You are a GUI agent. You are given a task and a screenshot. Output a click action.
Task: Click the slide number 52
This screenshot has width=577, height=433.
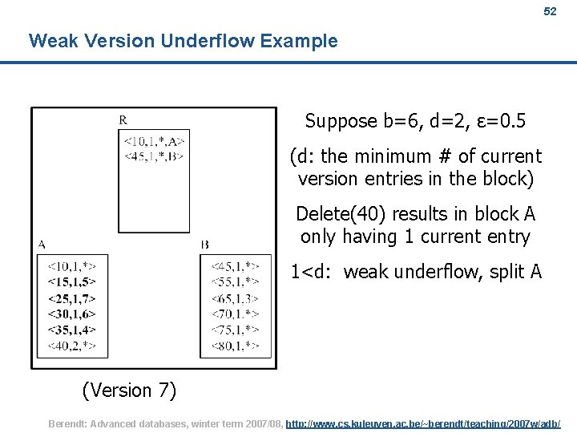click(549, 12)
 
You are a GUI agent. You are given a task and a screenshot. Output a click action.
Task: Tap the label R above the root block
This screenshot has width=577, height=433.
click(123, 120)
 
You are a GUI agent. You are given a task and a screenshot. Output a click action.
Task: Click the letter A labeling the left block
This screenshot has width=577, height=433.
click(41, 244)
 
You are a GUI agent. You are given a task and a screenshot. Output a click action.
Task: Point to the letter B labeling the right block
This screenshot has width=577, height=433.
click(205, 245)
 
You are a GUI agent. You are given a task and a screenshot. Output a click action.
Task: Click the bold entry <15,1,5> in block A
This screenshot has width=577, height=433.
click(72, 281)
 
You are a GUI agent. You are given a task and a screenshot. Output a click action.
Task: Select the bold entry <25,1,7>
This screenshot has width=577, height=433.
click(72, 297)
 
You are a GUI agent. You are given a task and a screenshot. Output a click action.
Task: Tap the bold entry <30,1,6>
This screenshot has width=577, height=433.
click(72, 314)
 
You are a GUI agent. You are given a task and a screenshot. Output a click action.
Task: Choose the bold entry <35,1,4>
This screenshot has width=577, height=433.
click(72, 330)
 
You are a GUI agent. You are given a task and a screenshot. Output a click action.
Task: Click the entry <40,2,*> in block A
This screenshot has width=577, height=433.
click(72, 346)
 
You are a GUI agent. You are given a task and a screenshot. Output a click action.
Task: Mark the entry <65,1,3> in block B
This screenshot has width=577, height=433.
click(235, 297)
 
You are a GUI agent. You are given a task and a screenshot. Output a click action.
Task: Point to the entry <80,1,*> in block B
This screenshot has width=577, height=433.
click(235, 346)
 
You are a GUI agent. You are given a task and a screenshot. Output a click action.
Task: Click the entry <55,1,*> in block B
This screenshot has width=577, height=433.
click(235, 281)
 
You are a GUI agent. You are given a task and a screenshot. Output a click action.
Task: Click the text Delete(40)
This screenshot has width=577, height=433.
click(337, 214)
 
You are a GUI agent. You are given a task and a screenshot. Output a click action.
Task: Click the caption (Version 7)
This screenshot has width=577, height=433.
click(129, 391)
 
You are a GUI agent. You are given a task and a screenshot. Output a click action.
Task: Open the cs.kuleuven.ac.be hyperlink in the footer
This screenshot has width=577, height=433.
click(423, 423)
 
